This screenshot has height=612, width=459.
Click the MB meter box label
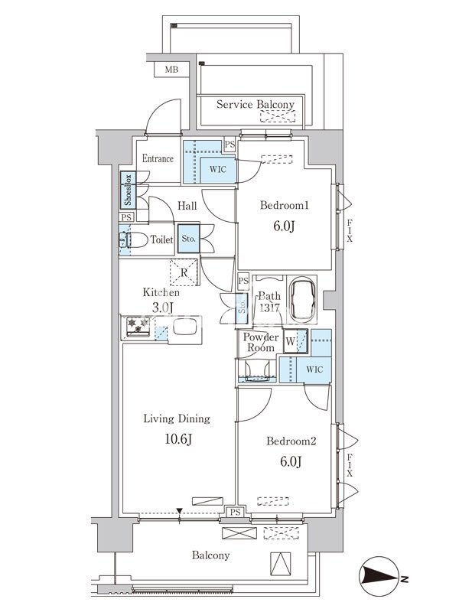pos(171,70)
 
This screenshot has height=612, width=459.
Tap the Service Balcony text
pos(256,104)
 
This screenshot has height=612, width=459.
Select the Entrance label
pos(158,158)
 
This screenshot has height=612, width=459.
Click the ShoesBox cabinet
pos(128,190)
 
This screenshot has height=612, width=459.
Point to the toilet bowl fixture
pos(133,239)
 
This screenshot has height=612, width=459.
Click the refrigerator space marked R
pos(184,272)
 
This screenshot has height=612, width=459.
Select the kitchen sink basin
pos(184,327)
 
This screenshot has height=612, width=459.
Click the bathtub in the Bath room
pos(303,300)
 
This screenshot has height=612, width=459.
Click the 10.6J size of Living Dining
pos(178,439)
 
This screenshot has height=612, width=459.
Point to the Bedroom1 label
pos(285,205)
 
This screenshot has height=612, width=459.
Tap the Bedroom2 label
pos(291,441)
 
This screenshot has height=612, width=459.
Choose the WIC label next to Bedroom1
pos(217,169)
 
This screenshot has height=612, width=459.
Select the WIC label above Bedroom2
pos(314,369)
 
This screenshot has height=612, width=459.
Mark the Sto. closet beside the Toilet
pos(189,239)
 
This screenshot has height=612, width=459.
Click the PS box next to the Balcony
pos(235,512)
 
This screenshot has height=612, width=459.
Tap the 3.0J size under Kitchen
pos(162,308)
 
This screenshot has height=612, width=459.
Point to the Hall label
pos(187,206)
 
